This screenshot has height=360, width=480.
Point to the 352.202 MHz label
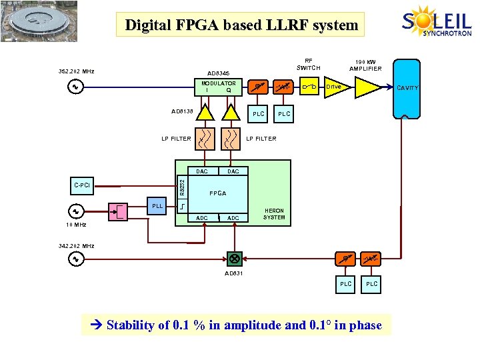click(77, 71)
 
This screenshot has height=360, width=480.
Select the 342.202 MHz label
click(77, 246)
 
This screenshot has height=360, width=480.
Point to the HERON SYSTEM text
click(273, 213)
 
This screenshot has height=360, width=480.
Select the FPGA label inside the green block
click(218, 193)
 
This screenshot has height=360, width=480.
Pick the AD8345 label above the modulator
click(218, 73)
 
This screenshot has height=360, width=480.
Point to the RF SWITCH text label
click(308, 64)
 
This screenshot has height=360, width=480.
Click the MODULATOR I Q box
click(218, 87)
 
